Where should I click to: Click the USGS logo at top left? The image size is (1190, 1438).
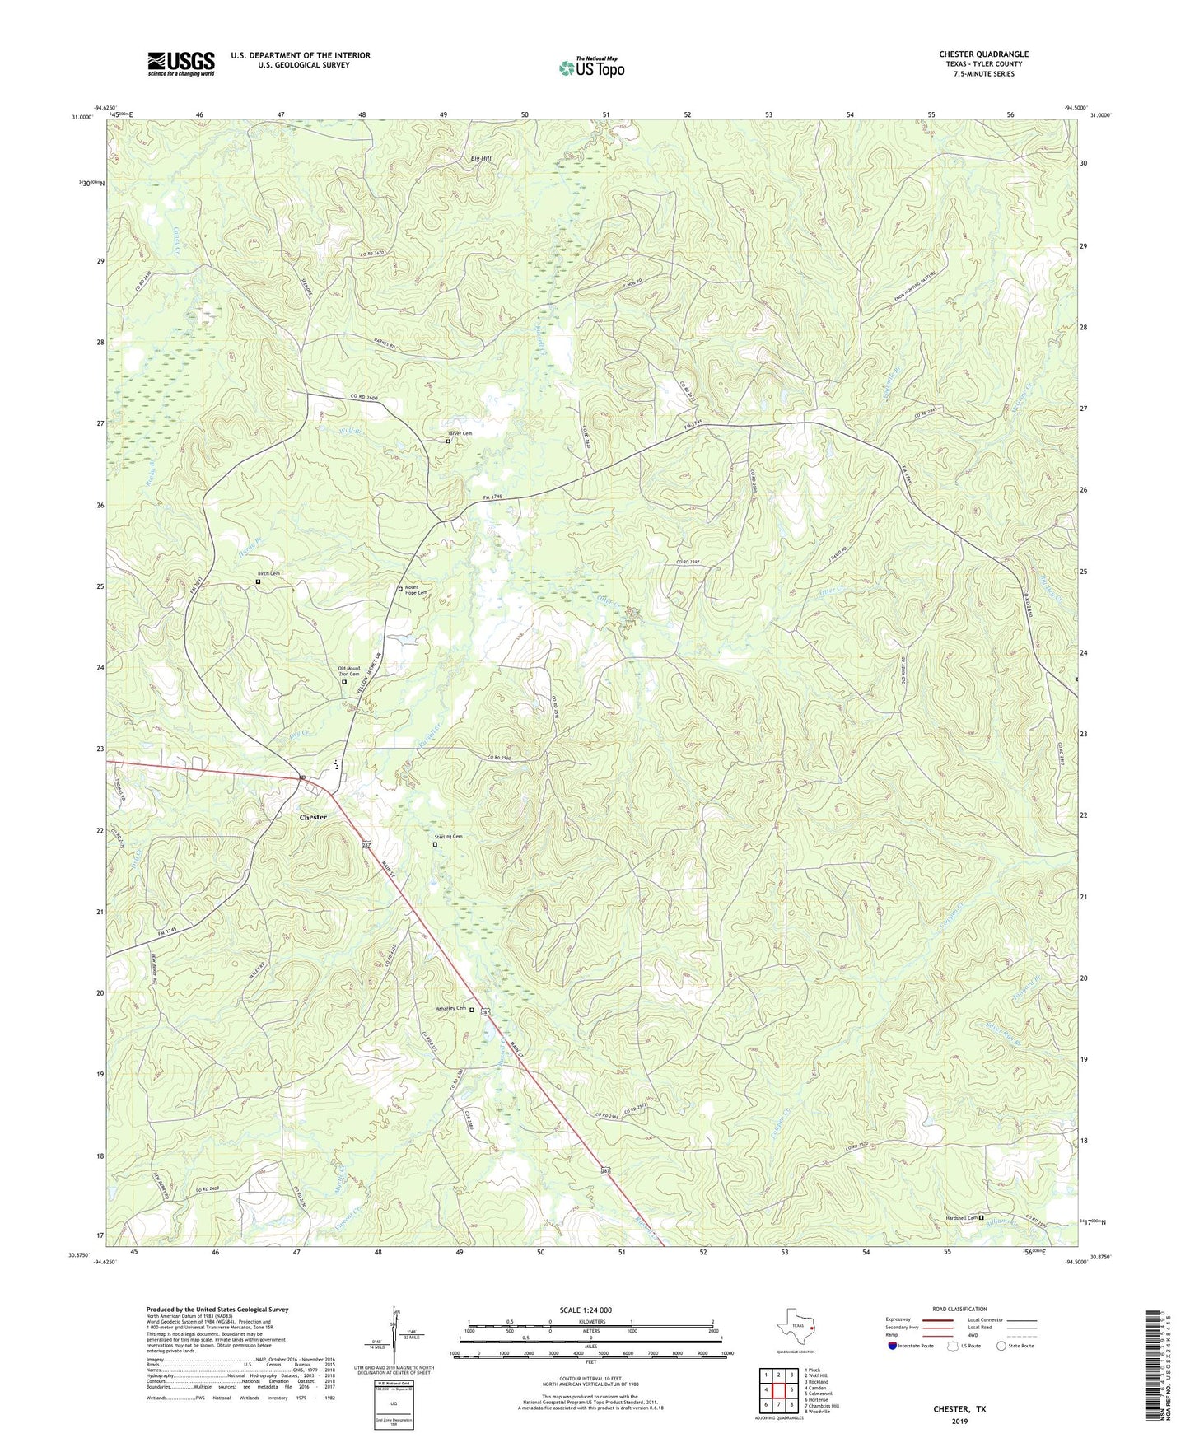(181, 63)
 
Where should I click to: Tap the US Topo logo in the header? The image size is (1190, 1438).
(591, 67)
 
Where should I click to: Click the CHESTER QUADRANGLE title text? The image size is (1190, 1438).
(983, 54)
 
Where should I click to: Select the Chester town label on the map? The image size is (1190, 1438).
(313, 817)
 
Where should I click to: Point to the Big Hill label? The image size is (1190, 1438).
(482, 158)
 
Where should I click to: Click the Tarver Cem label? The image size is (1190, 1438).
(460, 433)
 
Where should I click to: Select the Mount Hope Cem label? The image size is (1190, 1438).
(416, 591)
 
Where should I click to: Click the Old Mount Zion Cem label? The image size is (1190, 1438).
(348, 671)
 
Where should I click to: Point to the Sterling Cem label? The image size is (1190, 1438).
(448, 837)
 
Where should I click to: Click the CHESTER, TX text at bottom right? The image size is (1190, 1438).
(959, 1409)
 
